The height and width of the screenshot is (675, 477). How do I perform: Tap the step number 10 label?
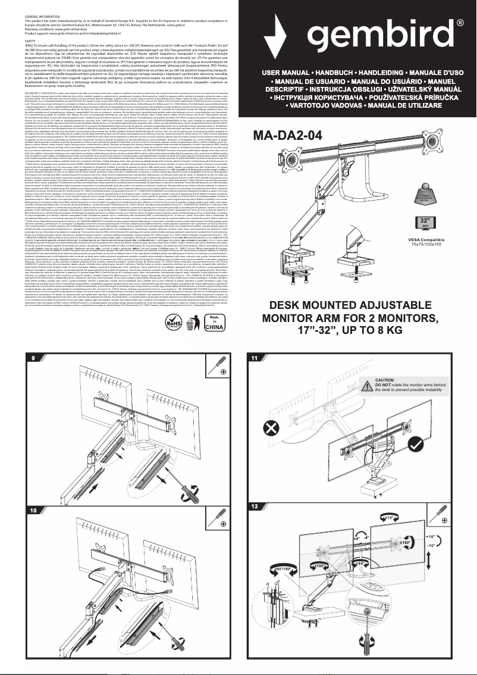(33, 510)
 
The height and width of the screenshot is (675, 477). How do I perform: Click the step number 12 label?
(255, 506)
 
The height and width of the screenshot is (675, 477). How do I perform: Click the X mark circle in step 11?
(271, 429)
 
